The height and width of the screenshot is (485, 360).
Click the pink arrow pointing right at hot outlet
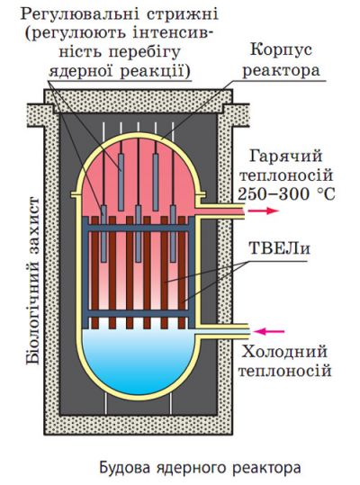[263, 211]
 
